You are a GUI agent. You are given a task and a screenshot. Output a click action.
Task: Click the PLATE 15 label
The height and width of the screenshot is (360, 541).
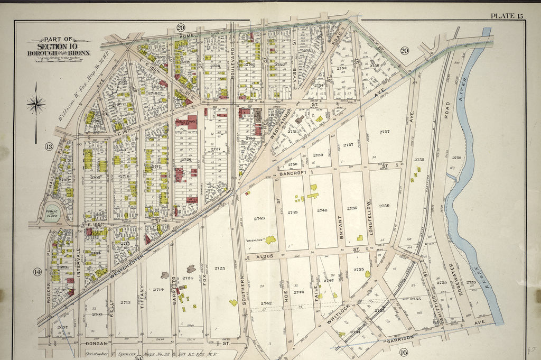click(506, 15)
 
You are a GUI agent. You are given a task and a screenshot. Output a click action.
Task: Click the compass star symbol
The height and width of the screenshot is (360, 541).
click(36, 104)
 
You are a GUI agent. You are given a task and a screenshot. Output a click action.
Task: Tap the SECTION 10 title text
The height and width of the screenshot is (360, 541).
click(59, 47)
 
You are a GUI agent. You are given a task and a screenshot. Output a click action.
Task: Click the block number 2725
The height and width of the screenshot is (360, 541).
click(220, 269)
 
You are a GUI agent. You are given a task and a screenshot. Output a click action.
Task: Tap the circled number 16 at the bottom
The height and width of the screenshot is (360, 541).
click(404, 352)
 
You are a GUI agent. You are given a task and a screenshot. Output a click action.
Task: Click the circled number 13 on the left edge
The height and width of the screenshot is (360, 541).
click(49, 146)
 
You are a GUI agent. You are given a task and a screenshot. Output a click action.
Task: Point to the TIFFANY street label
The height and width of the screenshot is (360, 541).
click(142, 296)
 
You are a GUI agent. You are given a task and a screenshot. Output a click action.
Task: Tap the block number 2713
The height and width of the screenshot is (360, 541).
click(125, 302)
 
